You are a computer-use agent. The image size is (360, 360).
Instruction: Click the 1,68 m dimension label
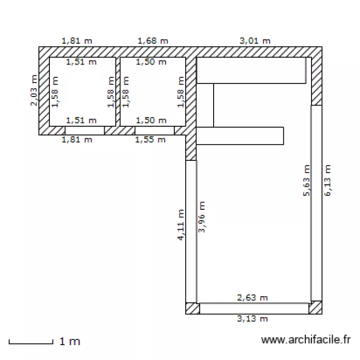[153, 41]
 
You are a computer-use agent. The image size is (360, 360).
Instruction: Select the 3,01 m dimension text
[255, 41]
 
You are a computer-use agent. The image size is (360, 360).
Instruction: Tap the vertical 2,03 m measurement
[33, 91]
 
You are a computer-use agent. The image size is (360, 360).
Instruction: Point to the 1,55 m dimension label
[150, 140]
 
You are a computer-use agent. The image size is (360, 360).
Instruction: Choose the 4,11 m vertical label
[181, 225]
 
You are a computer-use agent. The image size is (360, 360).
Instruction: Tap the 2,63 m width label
[252, 298]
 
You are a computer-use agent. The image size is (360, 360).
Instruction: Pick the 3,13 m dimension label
[252, 319]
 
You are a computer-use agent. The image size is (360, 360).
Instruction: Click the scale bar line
[31, 343]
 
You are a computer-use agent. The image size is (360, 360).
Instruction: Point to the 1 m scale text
[70, 342]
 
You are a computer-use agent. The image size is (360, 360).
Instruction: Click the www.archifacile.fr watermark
[306, 340]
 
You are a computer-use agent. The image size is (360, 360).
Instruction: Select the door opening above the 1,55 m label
[154, 130]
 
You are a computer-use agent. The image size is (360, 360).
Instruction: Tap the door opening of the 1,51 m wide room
[84, 130]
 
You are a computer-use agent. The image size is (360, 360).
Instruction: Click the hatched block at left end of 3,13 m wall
[192, 308]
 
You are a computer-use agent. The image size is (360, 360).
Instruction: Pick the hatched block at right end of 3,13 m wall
[316, 308]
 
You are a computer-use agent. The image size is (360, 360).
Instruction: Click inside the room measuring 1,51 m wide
[83, 91]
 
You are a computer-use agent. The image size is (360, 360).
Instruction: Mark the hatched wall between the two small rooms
[118, 91]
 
